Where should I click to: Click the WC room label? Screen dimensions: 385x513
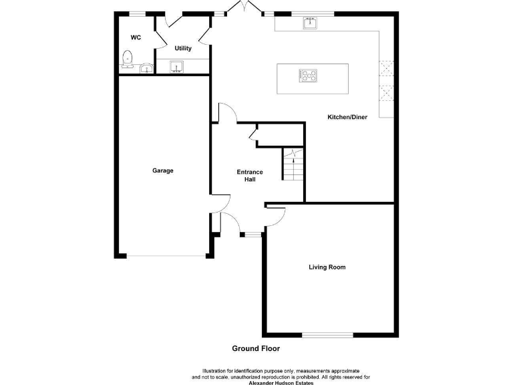(x=136, y=38)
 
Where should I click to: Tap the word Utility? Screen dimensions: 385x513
(x=183, y=49)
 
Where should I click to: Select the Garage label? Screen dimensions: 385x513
(x=162, y=170)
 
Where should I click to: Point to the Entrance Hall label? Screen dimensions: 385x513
(x=250, y=176)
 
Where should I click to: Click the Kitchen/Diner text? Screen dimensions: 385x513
(x=347, y=117)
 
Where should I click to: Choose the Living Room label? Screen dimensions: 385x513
(x=327, y=267)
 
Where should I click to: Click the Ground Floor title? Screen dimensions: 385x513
(x=256, y=348)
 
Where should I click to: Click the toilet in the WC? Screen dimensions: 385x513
(x=128, y=61)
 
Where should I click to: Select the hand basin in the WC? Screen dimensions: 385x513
(x=146, y=68)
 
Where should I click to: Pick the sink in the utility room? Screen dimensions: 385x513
(x=177, y=66)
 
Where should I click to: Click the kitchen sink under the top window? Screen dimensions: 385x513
(x=310, y=23)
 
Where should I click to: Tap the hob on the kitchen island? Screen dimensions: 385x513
(x=309, y=76)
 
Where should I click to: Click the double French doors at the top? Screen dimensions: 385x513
(x=244, y=9)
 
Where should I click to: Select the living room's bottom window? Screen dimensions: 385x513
(x=327, y=335)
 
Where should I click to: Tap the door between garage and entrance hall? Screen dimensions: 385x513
(x=221, y=201)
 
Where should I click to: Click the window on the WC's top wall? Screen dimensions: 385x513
(x=138, y=13)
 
